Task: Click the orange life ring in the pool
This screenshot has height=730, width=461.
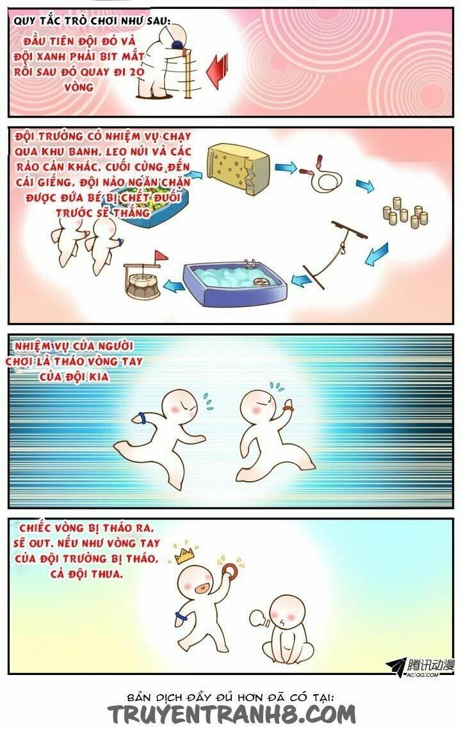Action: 262,282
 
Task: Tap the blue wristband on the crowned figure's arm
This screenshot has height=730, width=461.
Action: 180,617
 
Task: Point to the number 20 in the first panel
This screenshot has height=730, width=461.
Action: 135,72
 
